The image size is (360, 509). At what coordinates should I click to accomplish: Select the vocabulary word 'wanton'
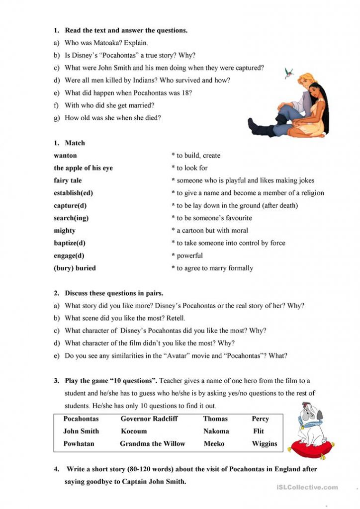click(65, 156)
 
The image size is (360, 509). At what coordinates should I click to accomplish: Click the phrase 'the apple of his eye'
click(83, 168)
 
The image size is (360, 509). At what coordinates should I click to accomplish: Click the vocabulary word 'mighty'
click(65, 231)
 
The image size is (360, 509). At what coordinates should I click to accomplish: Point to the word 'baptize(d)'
click(70, 243)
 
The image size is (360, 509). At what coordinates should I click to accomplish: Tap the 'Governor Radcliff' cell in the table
click(149, 419)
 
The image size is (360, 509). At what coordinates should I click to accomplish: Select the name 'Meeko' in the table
click(214, 443)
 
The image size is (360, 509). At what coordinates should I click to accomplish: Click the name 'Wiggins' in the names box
click(265, 443)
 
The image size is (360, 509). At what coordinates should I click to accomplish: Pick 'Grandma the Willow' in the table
click(152, 443)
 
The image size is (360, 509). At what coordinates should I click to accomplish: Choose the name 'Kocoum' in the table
click(134, 431)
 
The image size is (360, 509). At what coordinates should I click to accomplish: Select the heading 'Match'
click(75, 143)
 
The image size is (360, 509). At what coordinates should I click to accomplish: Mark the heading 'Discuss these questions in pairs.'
click(114, 293)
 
